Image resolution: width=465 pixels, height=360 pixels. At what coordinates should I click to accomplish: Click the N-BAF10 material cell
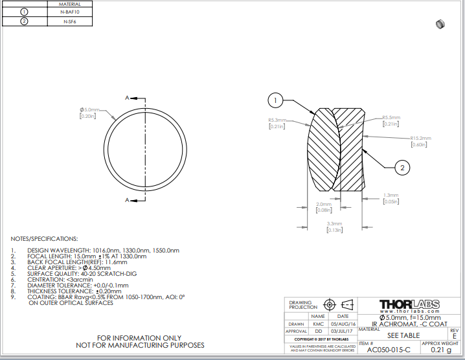pos(69,12)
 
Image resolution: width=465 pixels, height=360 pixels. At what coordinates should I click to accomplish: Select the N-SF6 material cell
pos(69,21)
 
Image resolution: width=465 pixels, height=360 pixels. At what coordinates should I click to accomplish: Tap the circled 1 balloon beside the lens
pos(276,100)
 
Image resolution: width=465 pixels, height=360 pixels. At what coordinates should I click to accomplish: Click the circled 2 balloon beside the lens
pos(403,168)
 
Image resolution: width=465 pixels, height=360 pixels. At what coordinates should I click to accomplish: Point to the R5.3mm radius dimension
pos(277,120)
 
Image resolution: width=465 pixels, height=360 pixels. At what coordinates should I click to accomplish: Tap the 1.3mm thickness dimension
pos(391,195)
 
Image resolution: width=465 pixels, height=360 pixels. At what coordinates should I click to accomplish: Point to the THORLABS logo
pos(409,304)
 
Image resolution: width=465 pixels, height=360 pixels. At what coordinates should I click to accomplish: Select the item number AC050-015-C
pos(389,350)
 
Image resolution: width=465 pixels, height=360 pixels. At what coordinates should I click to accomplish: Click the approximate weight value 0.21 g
pos(440,350)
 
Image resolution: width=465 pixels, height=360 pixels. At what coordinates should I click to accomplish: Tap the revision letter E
pos(454,337)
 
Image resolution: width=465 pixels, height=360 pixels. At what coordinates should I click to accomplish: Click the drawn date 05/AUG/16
pos(343,324)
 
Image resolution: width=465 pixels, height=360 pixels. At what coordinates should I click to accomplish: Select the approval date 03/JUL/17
pos(343,331)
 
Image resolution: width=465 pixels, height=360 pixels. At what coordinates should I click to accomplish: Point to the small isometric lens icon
pos(440,25)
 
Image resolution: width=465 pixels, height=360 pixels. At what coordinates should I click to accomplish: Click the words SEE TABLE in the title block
pos(403,336)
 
